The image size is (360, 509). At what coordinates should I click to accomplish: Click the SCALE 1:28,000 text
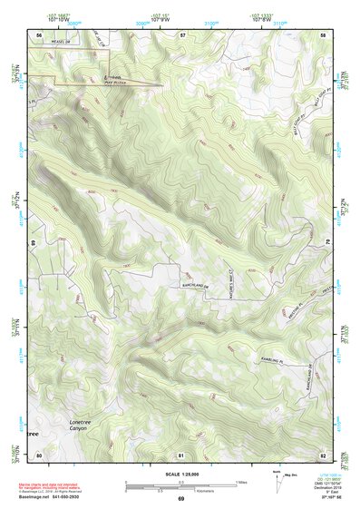pos(180,474)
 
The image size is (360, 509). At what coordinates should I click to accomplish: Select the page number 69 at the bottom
pos(180,499)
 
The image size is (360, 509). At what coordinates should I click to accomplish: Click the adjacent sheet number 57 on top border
pos(182,34)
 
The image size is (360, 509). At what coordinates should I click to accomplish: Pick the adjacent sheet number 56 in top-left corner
pos(39,34)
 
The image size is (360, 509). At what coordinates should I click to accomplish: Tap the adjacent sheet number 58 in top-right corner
pos(323,34)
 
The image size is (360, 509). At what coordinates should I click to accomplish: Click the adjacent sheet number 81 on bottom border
pos(181,453)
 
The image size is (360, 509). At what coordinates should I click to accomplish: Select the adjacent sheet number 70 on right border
pos(326,242)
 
